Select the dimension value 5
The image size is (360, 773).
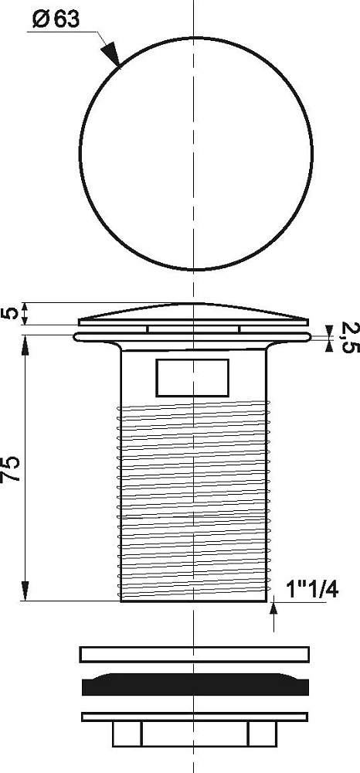pos(12,314)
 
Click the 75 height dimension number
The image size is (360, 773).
pos(12,468)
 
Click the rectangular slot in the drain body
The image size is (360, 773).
pos(192,378)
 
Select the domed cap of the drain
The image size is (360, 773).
pos(193,314)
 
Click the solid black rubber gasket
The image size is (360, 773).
pos(195,685)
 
